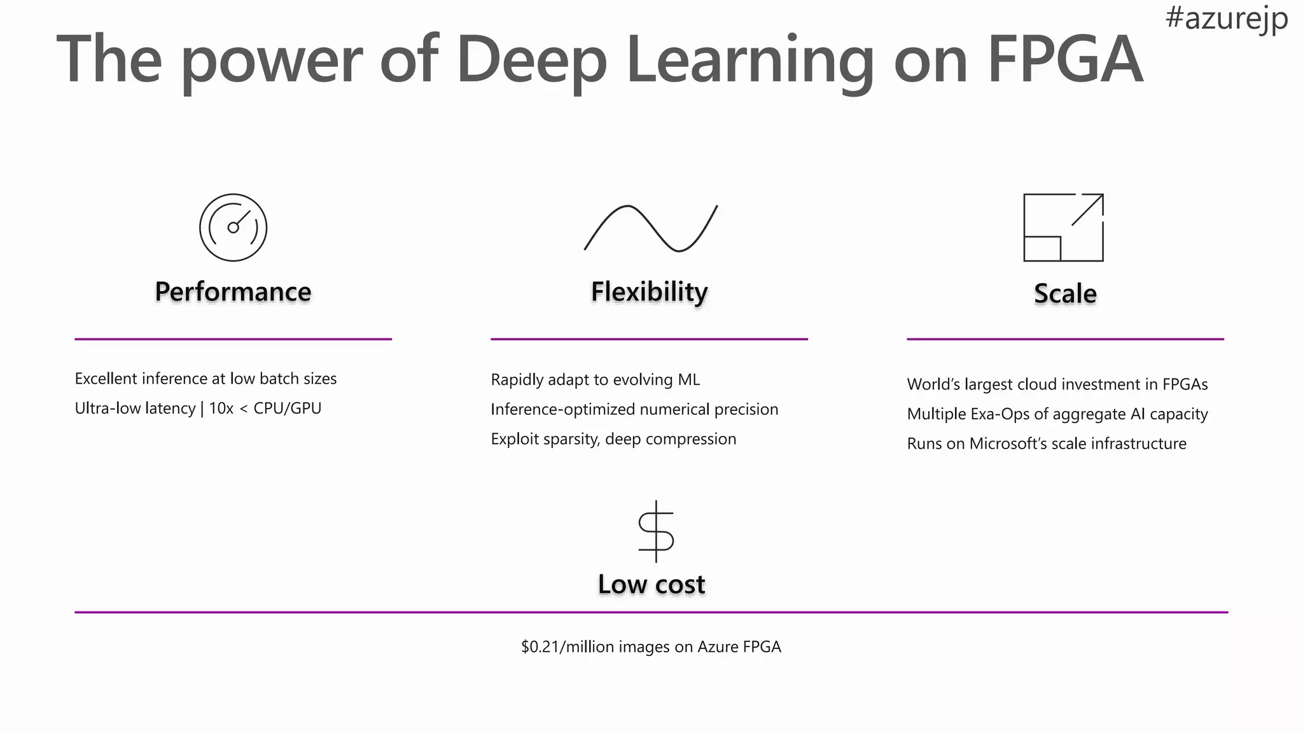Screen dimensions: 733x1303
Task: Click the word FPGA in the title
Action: pos(1065,59)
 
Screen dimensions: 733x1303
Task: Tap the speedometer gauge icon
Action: pos(233,228)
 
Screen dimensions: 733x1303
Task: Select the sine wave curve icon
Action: pos(650,228)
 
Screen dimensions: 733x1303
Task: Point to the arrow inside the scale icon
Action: pos(1088,209)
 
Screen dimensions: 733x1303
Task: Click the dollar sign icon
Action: pos(656,531)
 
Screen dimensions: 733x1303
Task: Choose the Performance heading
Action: pos(233,291)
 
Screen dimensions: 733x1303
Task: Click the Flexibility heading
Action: pos(649,291)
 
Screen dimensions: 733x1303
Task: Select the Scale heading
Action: pos(1065,293)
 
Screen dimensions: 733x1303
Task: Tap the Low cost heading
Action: pos(651,584)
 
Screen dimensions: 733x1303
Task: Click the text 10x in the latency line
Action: pos(221,408)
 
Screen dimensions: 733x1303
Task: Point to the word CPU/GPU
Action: pos(288,408)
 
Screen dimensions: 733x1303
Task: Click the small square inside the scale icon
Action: pos(1042,249)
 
